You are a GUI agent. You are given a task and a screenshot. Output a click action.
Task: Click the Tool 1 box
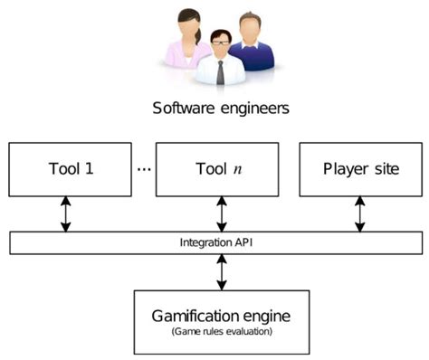click(x=69, y=168)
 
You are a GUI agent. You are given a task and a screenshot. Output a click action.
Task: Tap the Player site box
click(x=359, y=168)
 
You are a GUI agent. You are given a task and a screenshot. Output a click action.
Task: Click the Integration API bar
click(x=214, y=242)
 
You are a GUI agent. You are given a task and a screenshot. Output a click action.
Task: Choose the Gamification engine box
click(x=221, y=321)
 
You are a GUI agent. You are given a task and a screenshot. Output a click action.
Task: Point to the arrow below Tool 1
click(x=65, y=213)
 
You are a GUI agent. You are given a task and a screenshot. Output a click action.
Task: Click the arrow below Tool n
click(x=221, y=213)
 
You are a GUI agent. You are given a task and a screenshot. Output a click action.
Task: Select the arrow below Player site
click(x=360, y=213)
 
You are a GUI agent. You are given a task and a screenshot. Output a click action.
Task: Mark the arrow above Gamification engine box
click(x=221, y=271)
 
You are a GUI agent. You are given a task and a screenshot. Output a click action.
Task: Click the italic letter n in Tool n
click(x=237, y=169)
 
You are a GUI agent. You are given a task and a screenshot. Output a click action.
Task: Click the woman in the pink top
click(x=187, y=41)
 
